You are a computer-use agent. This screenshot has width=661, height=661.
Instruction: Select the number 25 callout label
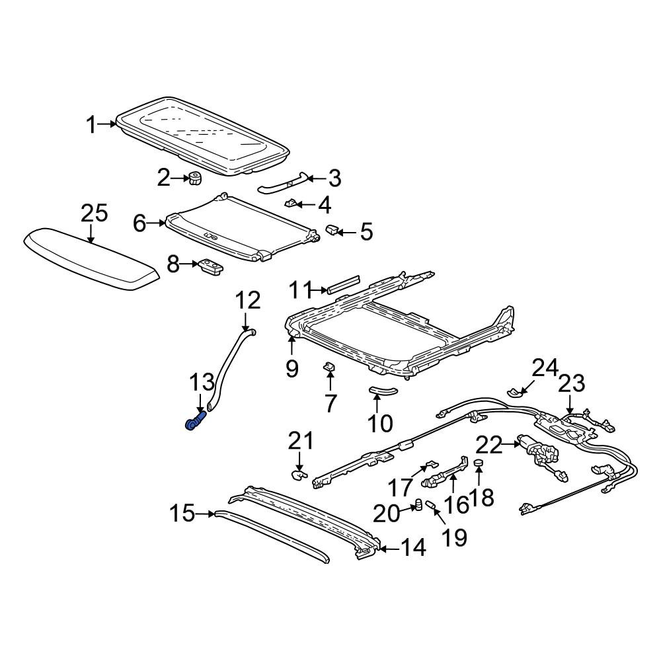(95, 214)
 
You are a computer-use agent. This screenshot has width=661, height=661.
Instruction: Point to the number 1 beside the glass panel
(91, 125)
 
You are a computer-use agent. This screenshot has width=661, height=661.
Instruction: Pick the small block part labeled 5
(332, 230)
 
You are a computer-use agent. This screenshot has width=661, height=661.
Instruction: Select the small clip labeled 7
(329, 367)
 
